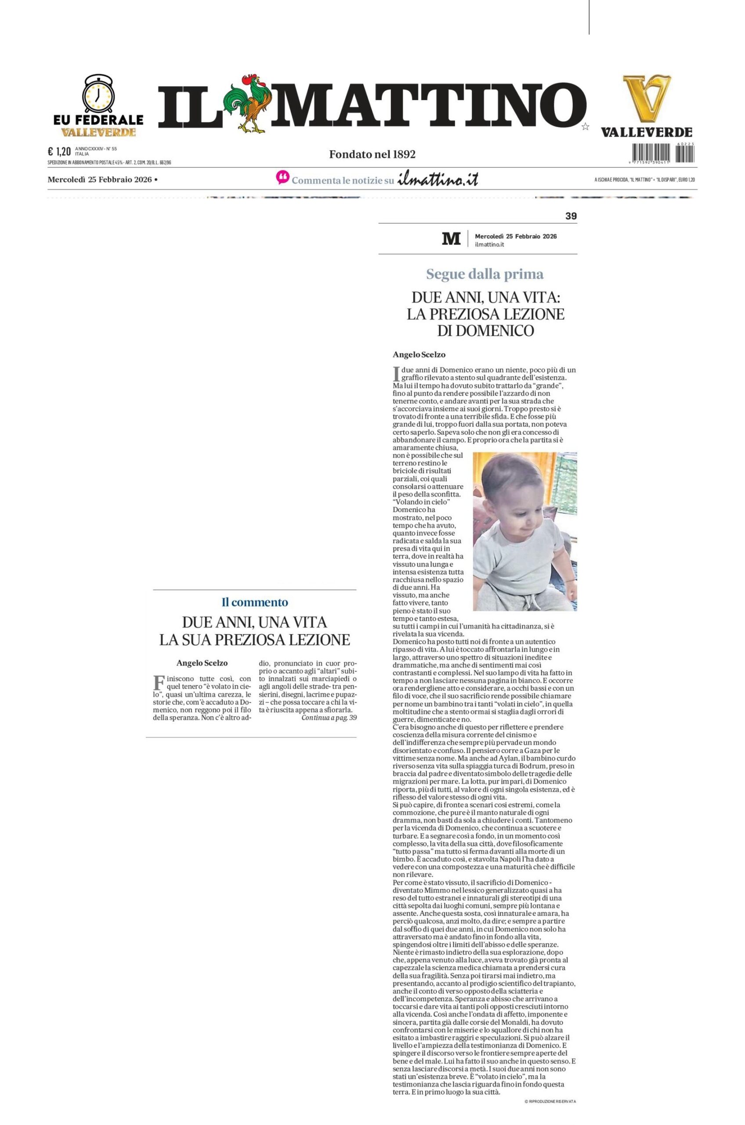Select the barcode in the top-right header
click(x=663, y=152)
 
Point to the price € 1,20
click(x=59, y=152)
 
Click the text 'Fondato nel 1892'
click(x=372, y=154)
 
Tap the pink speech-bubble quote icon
click(x=282, y=178)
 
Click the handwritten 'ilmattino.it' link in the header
click(x=438, y=180)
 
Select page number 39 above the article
click(x=571, y=216)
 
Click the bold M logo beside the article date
click(x=451, y=239)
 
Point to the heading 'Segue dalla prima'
click(x=485, y=274)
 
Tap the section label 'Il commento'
click(x=255, y=602)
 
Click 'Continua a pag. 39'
click(x=329, y=718)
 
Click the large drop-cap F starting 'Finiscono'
click(x=158, y=683)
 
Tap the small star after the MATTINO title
click(x=586, y=127)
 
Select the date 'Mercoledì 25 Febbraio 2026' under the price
click(x=99, y=180)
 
